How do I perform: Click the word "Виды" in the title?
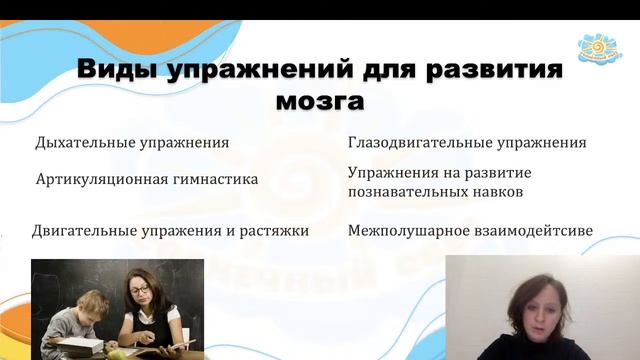point(112,71)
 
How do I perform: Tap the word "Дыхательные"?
point(86,142)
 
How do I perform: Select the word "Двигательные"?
point(84,230)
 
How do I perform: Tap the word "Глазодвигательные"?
point(419,142)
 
